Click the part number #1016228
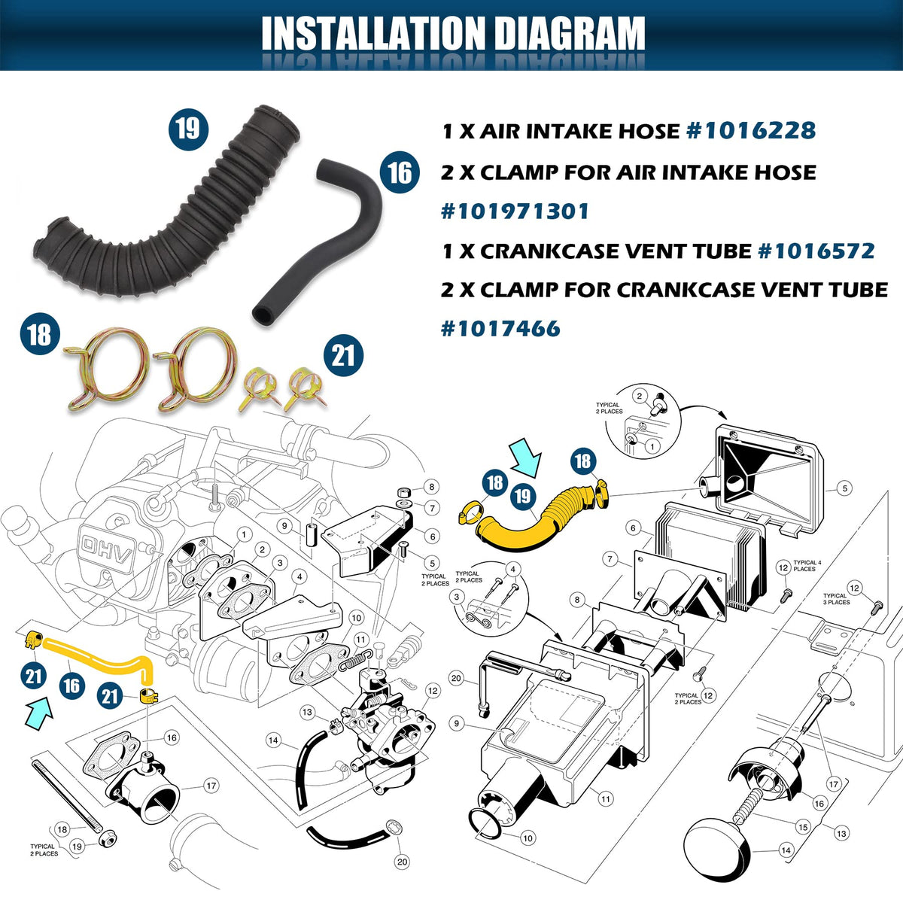coord(751,131)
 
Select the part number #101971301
coord(515,211)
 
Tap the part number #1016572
coord(816,251)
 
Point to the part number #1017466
coord(500,328)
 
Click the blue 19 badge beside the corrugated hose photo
coord(188,129)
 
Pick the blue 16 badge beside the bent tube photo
coord(400,172)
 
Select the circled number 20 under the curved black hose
coord(402,862)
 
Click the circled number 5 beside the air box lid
coord(844,488)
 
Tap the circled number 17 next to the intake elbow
coord(211,786)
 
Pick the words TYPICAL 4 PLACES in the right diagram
coord(807,566)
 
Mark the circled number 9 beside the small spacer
coord(284,526)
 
